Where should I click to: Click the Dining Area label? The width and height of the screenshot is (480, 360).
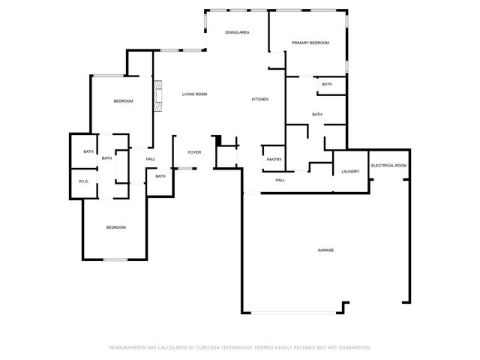[x=237, y=33]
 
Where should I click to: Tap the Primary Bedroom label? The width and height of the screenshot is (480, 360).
[x=310, y=43]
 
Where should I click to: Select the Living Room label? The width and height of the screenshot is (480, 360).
[x=194, y=94]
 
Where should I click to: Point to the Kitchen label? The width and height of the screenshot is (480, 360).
[x=259, y=100]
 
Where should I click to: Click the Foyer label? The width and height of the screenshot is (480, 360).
[x=194, y=152]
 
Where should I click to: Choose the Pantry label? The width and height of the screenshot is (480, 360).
[x=274, y=159]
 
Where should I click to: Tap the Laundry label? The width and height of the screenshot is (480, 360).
[x=350, y=172]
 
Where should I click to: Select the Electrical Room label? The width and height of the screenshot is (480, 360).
[x=388, y=165]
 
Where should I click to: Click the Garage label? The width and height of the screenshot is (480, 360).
[x=325, y=250]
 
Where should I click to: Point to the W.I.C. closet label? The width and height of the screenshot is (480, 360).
[x=84, y=181]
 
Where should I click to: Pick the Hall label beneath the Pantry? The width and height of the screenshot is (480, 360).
[x=280, y=180]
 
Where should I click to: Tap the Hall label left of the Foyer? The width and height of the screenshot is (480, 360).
[x=151, y=159]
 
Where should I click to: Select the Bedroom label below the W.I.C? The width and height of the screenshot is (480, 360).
[x=115, y=227]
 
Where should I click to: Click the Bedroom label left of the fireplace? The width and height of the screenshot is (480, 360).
[x=123, y=101]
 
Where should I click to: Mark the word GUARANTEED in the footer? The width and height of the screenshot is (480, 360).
[x=353, y=348]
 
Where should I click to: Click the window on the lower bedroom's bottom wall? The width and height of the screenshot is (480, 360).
[x=115, y=259]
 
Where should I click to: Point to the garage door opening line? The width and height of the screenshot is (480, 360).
[x=293, y=313]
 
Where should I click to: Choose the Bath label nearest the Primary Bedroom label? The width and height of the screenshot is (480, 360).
[x=327, y=84]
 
